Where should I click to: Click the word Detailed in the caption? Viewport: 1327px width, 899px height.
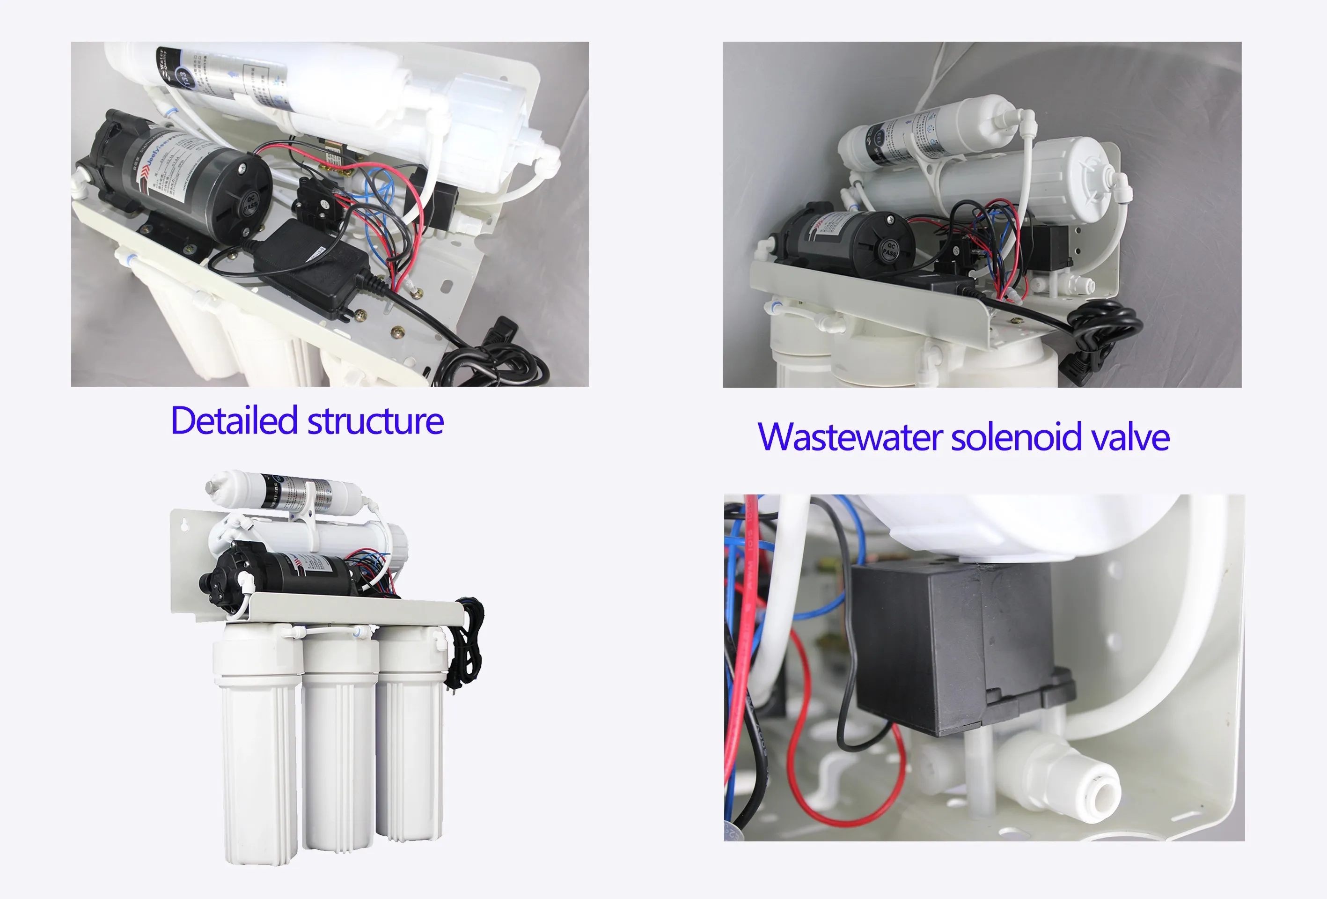234,421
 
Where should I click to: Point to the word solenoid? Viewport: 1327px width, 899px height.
1016,437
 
